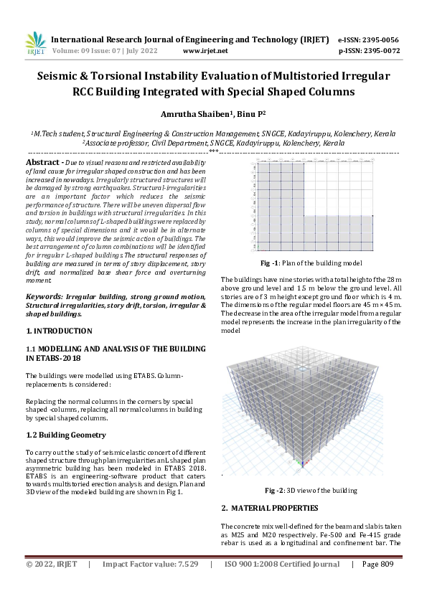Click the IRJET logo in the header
click(x=35, y=44)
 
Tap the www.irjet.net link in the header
click(x=205, y=51)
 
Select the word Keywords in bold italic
click(x=43, y=296)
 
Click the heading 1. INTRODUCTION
click(x=59, y=331)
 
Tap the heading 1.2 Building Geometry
click(x=66, y=435)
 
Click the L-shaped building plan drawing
click(x=313, y=207)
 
